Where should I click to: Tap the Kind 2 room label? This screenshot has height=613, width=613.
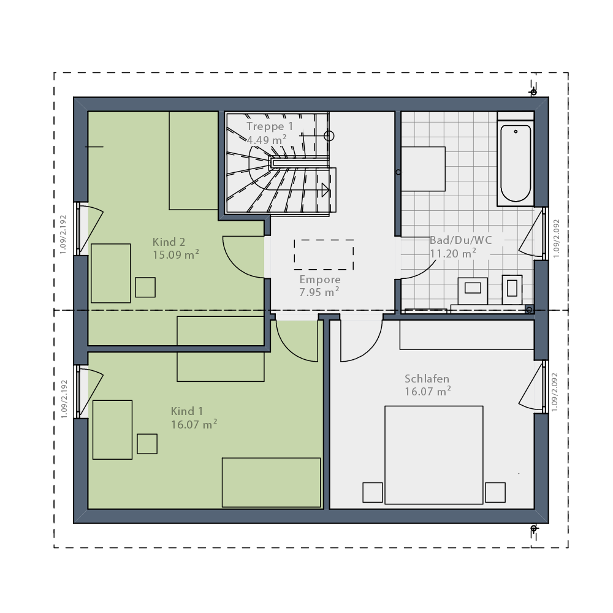[x=169, y=242]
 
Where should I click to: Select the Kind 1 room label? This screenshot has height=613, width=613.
[x=187, y=411]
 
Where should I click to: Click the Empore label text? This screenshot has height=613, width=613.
[x=320, y=280]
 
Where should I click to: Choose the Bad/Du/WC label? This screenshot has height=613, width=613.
[x=460, y=240]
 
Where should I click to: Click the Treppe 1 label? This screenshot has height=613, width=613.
[x=270, y=126]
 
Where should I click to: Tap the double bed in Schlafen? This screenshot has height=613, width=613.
[x=434, y=455]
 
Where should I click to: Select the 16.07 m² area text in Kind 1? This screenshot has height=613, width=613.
[x=194, y=424]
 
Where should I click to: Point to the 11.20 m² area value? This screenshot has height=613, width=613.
[x=453, y=253]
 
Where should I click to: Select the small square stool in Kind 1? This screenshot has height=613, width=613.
[x=147, y=444]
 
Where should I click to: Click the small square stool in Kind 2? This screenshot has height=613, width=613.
[x=145, y=287]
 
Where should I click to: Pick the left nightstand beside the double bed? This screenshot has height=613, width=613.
[x=373, y=493]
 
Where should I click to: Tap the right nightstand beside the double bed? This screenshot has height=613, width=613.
[x=495, y=493]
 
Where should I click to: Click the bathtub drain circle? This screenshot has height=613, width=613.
[x=516, y=132]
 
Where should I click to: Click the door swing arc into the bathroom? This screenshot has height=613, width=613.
[x=424, y=272]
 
